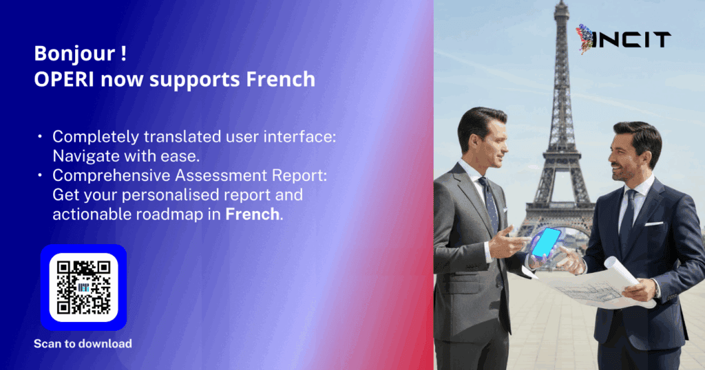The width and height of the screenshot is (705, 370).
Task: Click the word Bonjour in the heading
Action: [x=74, y=54]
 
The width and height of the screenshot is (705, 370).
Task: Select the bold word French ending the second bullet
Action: [x=252, y=214]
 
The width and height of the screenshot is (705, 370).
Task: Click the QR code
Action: [x=83, y=287]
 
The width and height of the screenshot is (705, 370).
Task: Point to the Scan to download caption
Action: [x=83, y=343]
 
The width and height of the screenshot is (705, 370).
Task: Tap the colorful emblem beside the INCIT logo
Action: [x=584, y=39]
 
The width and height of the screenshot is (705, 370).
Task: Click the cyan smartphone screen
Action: [x=546, y=243]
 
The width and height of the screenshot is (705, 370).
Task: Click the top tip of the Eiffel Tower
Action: [x=562, y=1]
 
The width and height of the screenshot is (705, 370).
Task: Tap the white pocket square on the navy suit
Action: [x=654, y=224]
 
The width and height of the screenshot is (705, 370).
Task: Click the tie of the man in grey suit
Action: [x=490, y=202]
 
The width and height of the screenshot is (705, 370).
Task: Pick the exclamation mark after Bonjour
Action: [x=123, y=54]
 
